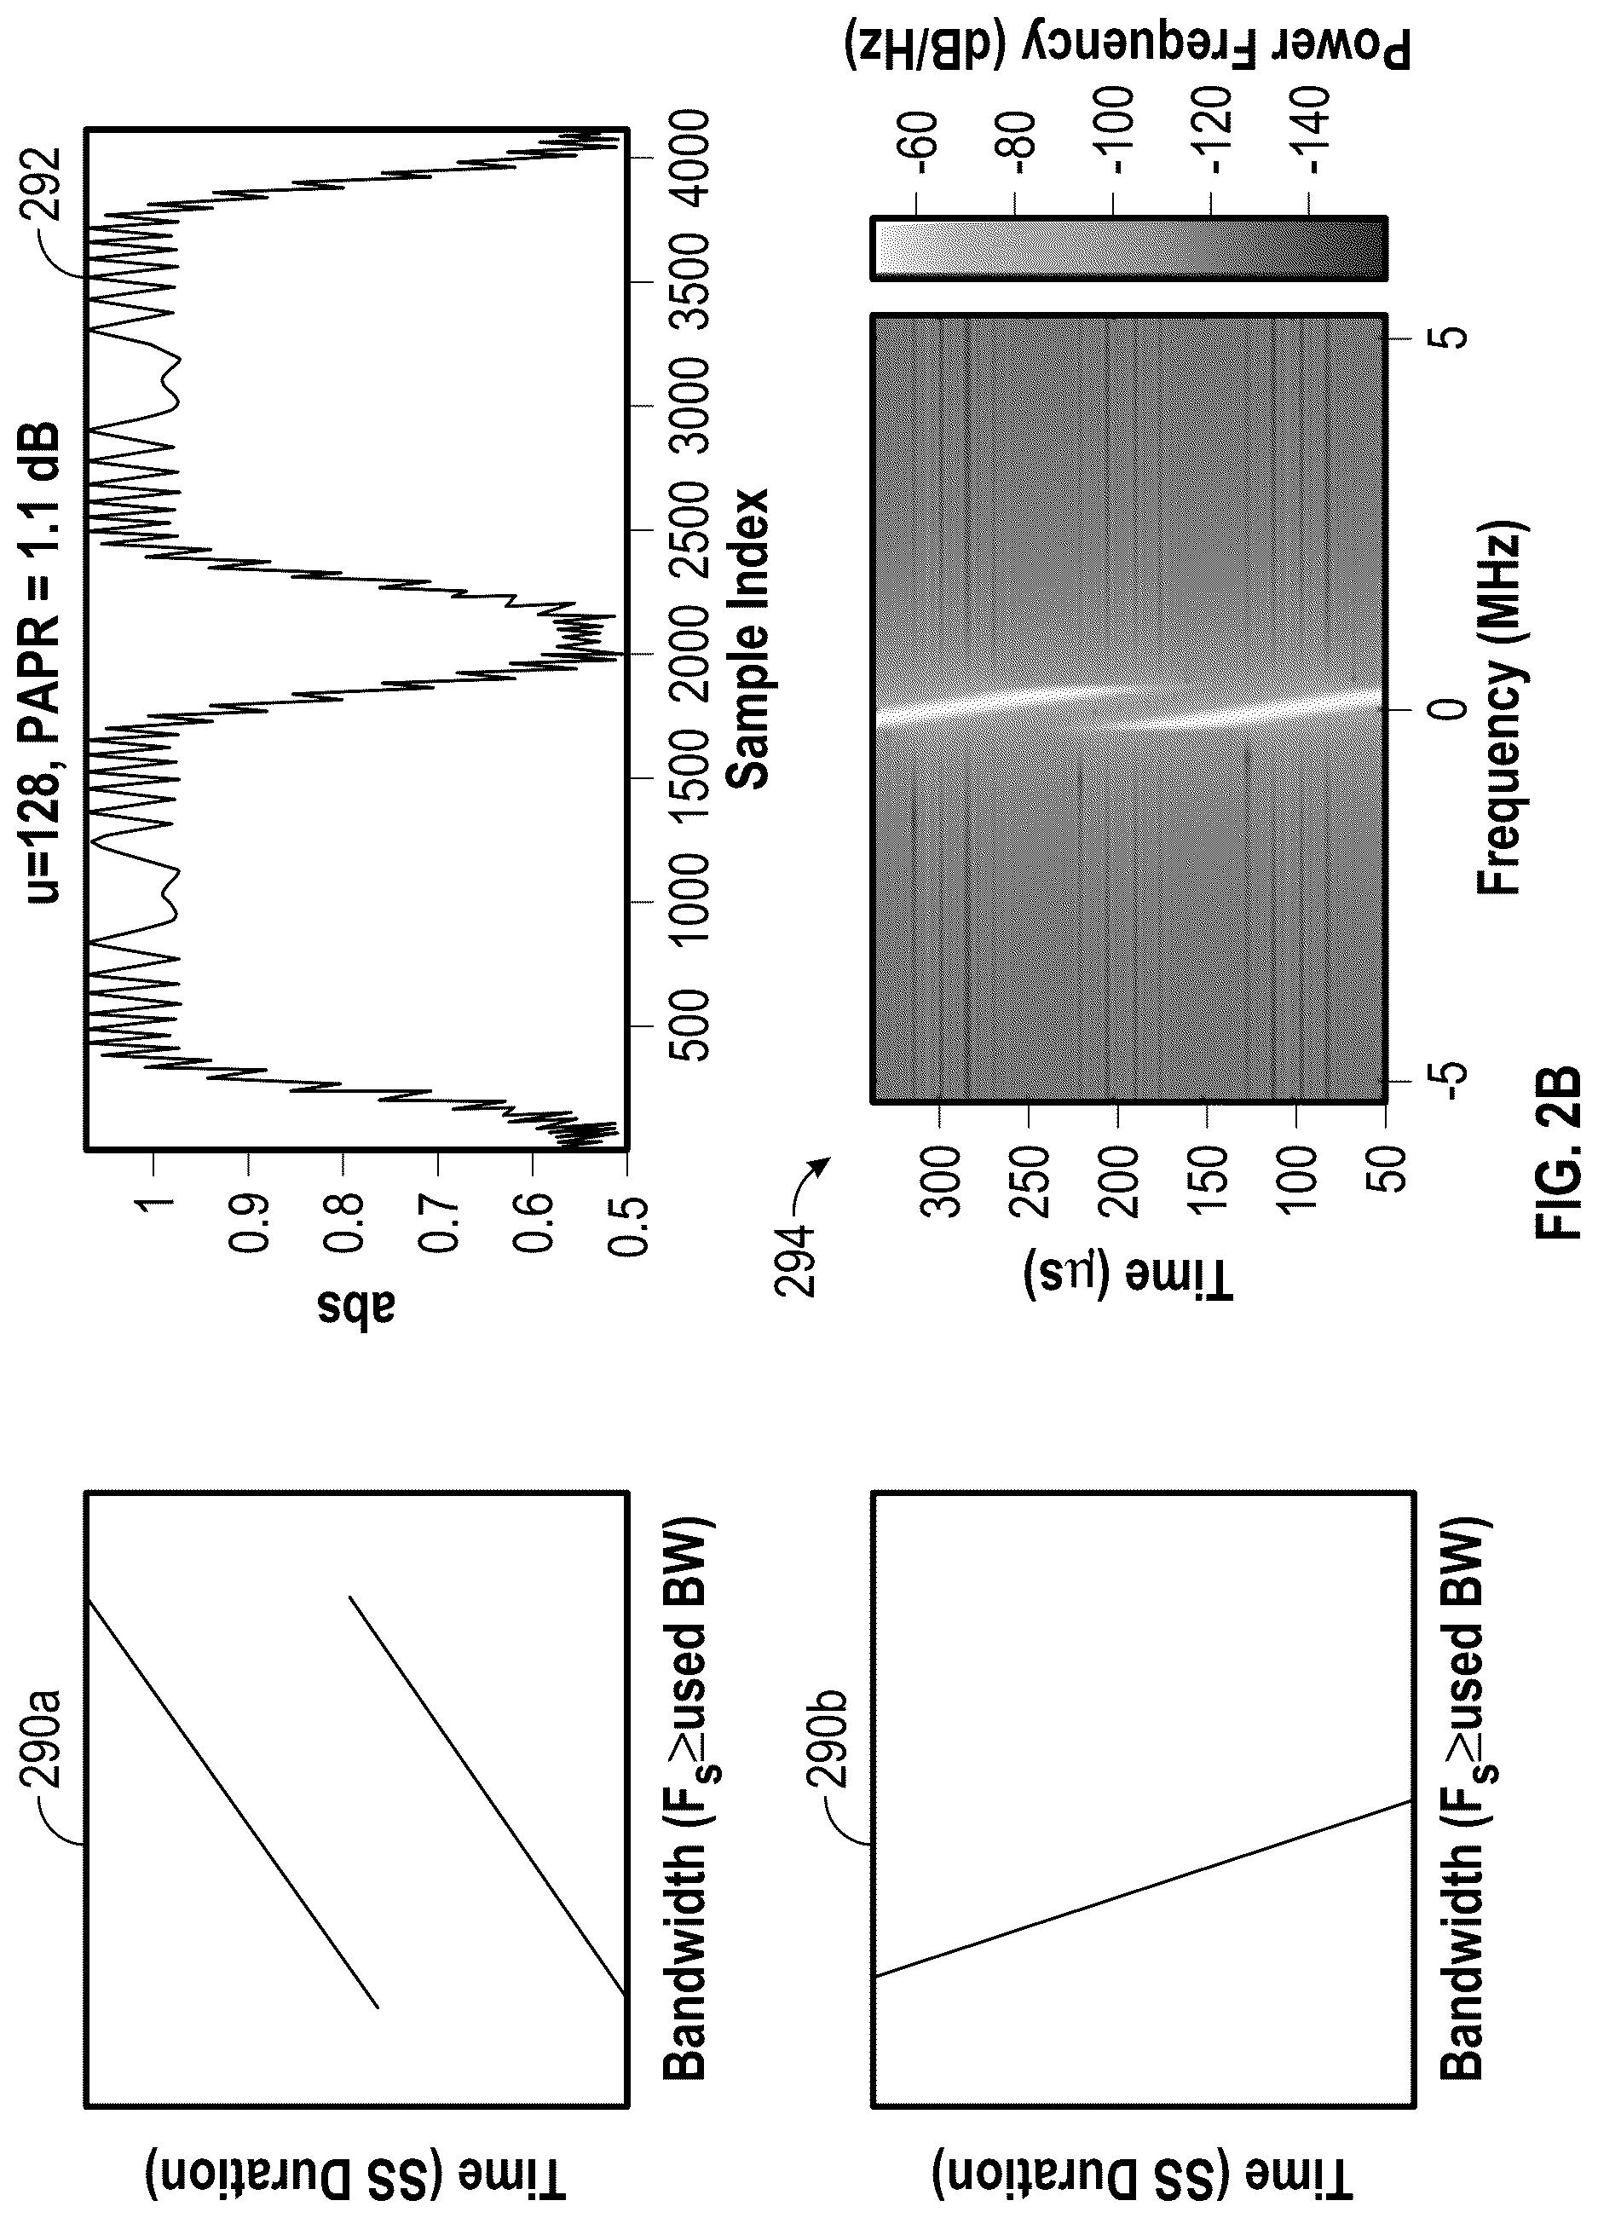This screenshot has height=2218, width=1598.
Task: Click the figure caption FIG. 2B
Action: pyautogui.click(x=1557, y=1154)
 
